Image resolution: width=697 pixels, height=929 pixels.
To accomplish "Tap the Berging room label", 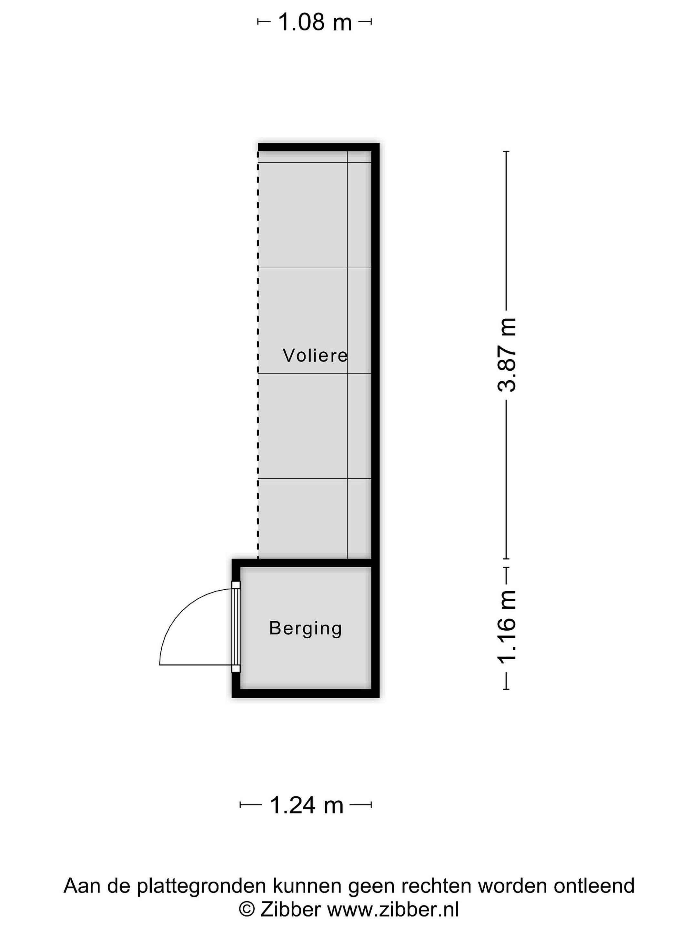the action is [306, 629].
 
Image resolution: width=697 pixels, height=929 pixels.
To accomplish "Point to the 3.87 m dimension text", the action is [506, 355].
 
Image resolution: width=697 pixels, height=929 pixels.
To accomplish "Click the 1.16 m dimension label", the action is [506, 627].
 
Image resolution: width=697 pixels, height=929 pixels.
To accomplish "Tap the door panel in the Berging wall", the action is [236, 627].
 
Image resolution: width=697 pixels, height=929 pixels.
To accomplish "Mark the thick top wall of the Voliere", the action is [318, 147].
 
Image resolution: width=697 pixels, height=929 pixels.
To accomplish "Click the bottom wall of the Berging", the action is [306, 693].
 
